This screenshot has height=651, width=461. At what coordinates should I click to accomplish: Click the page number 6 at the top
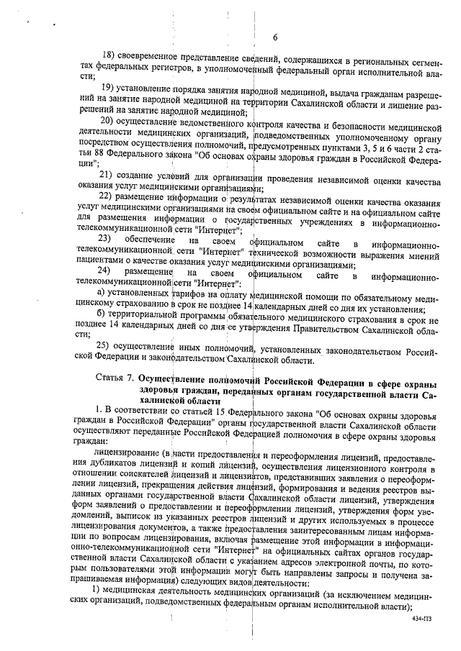pyautogui.click(x=275, y=38)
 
